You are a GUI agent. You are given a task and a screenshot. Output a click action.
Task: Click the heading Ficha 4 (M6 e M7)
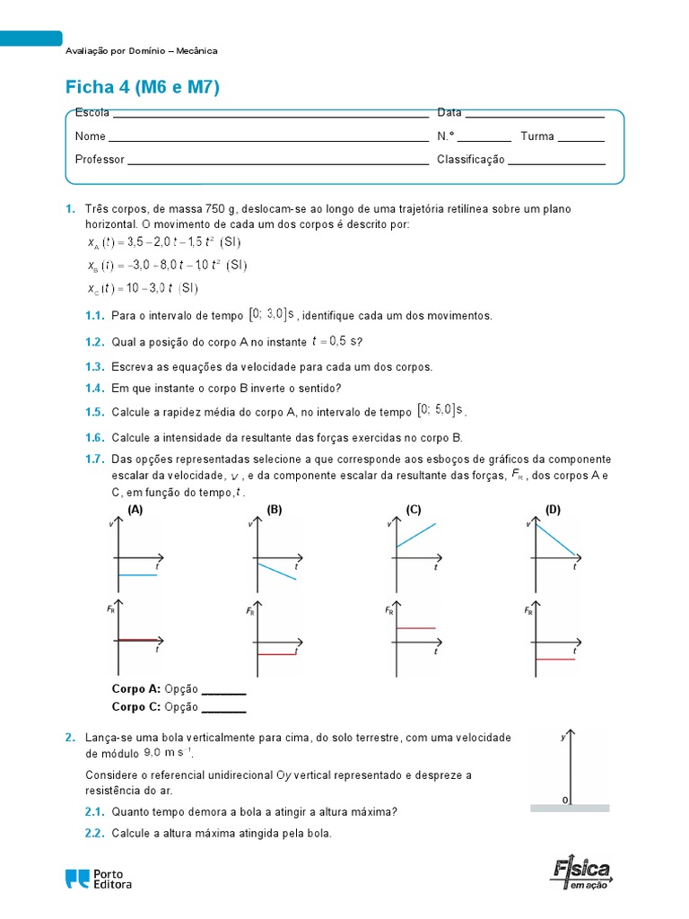click(x=143, y=87)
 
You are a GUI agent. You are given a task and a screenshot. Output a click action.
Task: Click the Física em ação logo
click(x=581, y=873)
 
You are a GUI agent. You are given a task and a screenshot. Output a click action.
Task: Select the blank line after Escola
click(x=270, y=117)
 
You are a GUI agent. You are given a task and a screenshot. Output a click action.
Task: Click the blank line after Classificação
click(x=557, y=164)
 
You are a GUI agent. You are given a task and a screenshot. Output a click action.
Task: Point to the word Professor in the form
click(x=100, y=160)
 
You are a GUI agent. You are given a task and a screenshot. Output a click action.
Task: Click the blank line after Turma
click(x=581, y=141)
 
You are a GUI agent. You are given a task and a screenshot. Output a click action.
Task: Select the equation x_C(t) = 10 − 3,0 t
click(x=144, y=288)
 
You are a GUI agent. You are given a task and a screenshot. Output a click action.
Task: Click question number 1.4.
click(x=95, y=389)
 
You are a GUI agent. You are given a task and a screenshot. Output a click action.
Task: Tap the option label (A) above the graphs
click(x=135, y=510)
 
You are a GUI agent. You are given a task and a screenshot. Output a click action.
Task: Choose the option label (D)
click(x=553, y=510)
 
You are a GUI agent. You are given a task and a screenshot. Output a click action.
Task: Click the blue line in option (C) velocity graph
click(x=414, y=535)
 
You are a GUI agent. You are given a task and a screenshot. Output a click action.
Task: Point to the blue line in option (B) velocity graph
click(x=276, y=572)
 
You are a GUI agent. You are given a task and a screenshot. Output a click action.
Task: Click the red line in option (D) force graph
click(x=554, y=659)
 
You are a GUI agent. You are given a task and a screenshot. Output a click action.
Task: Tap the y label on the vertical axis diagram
click(x=563, y=737)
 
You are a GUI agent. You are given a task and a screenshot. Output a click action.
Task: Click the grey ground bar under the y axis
click(x=570, y=808)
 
